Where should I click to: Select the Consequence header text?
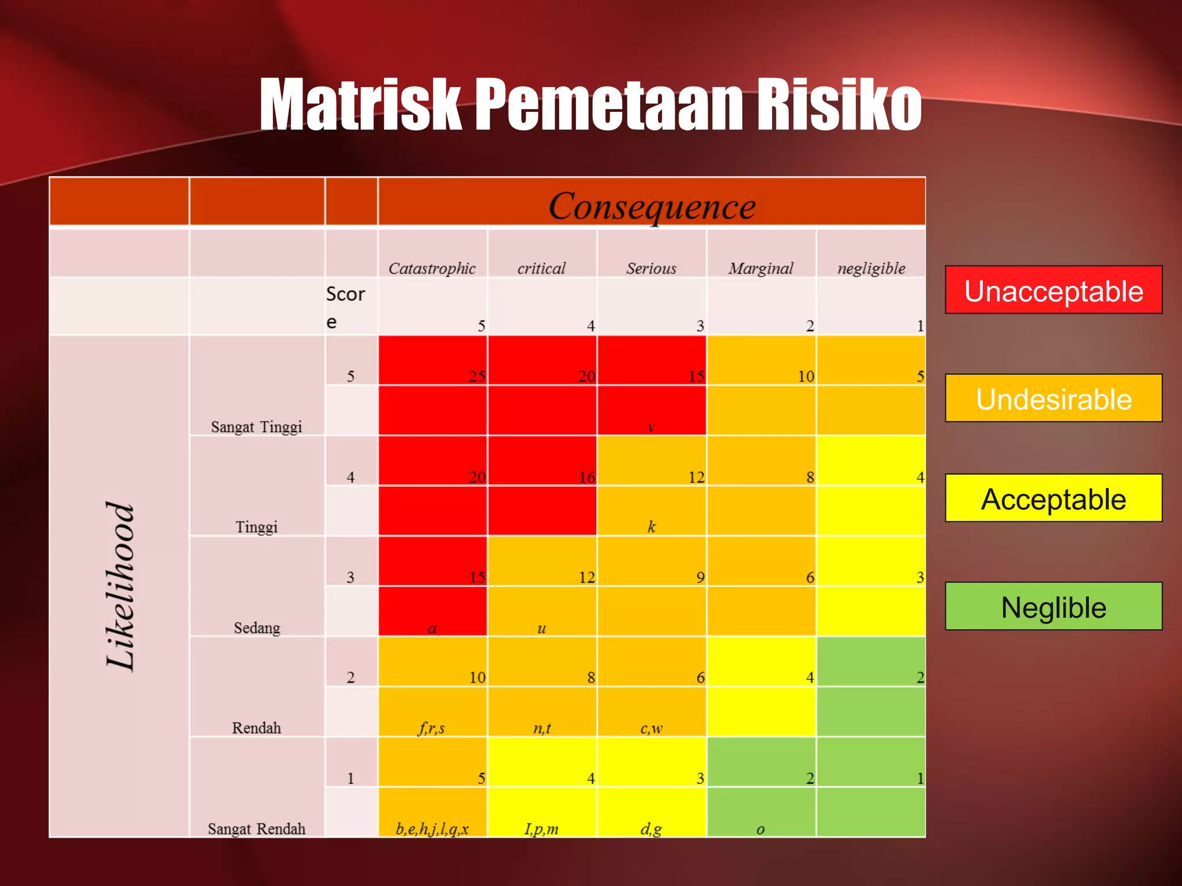click(x=652, y=206)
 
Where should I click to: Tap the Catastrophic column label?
click(x=432, y=268)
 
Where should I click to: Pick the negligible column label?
click(x=871, y=268)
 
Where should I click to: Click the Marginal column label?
click(x=761, y=268)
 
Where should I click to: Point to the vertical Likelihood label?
click(x=121, y=585)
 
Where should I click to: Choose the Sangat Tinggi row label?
click(x=256, y=427)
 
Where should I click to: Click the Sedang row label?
click(x=257, y=628)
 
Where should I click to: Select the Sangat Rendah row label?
click(x=256, y=829)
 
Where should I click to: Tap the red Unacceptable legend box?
click(x=1053, y=290)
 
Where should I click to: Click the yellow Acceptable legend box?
click(x=1053, y=498)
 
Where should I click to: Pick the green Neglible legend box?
click(x=1053, y=607)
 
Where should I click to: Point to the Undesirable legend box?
click(x=1053, y=399)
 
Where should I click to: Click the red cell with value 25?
click(x=433, y=361)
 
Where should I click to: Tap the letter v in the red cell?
click(x=651, y=427)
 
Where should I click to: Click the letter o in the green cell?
click(x=760, y=829)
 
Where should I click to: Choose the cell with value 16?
click(x=543, y=461)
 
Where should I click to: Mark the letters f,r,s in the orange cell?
click(x=431, y=729)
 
